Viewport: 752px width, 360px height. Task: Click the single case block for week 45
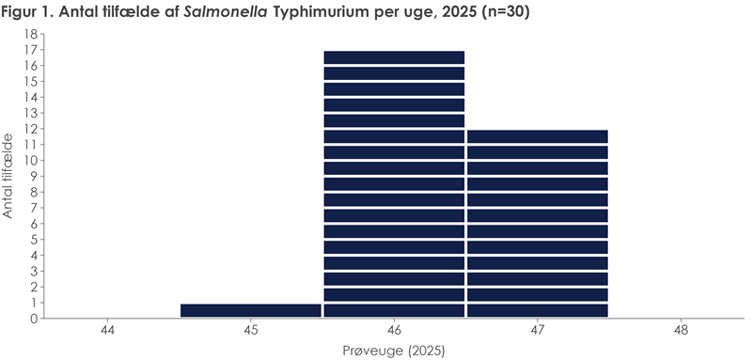(x=251, y=310)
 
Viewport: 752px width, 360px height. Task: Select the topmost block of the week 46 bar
(x=394, y=57)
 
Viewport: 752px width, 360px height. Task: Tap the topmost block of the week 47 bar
(x=538, y=136)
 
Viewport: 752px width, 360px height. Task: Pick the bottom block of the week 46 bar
(x=394, y=310)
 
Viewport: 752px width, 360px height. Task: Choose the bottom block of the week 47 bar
(x=538, y=310)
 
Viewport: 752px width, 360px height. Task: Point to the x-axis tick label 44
(x=108, y=331)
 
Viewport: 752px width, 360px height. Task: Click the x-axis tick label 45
(x=251, y=331)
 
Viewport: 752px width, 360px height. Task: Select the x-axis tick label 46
(x=394, y=331)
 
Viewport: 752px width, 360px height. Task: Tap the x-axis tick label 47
(x=538, y=331)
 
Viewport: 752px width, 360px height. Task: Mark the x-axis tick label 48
(x=681, y=331)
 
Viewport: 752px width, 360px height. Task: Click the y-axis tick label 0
(x=33, y=319)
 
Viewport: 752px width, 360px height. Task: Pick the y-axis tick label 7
(x=33, y=208)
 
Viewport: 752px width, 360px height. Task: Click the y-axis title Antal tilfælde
(x=9, y=176)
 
